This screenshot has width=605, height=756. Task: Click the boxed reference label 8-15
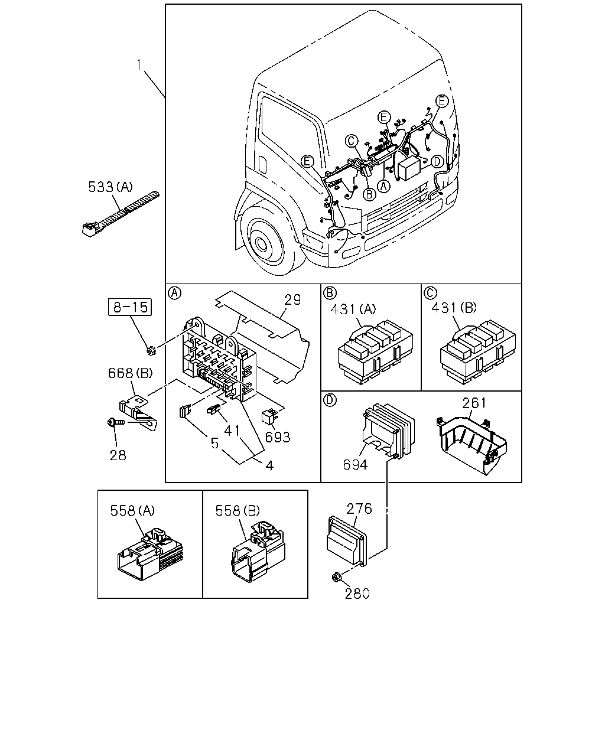click(x=130, y=307)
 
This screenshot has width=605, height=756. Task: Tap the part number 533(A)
click(x=110, y=187)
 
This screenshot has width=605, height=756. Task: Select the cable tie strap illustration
click(x=120, y=214)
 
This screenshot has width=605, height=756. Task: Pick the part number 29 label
click(x=292, y=299)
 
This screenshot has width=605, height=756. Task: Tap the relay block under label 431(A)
click(x=375, y=353)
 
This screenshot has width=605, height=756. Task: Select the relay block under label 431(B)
click(x=477, y=353)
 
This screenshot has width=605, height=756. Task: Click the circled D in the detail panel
click(x=330, y=400)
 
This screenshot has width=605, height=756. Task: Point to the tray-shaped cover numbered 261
click(x=471, y=444)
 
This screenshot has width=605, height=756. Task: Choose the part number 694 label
click(x=355, y=465)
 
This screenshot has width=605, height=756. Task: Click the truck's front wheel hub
click(x=261, y=243)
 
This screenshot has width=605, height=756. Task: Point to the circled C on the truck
click(x=351, y=141)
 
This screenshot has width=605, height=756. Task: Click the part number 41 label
click(x=232, y=431)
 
